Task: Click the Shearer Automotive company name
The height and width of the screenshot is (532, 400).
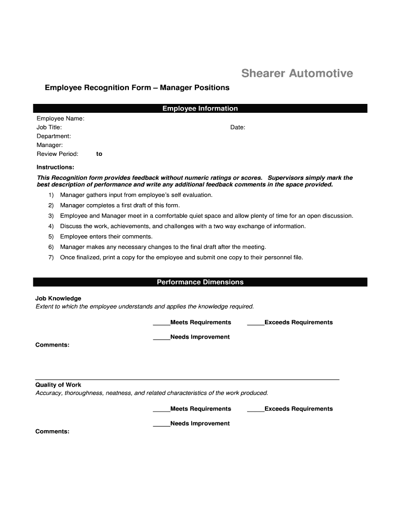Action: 297,74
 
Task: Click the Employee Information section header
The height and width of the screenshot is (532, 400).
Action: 200,109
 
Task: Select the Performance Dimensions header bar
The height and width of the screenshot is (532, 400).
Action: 200,282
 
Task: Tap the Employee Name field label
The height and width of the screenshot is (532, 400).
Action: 60,118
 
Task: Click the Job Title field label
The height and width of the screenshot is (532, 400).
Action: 49,127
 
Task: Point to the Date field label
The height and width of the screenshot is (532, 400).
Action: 238,127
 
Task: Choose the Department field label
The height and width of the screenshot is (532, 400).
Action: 54,136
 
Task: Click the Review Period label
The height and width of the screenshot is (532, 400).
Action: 57,154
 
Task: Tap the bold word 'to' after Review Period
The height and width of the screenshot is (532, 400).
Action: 99,154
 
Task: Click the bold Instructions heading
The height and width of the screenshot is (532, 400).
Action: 55,167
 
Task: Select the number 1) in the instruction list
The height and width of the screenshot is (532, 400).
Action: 51,195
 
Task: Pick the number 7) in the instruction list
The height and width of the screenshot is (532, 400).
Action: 51,257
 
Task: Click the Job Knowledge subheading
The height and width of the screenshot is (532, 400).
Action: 58,298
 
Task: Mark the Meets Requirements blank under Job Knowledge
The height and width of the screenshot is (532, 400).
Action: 162,323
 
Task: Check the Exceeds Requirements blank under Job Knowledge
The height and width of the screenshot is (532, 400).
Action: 256,323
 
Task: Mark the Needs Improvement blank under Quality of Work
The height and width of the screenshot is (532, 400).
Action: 162,424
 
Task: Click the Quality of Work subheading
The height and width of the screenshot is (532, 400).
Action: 58,385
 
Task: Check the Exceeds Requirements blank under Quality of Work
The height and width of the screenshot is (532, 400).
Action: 256,409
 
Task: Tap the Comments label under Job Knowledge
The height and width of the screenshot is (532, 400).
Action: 52,345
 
